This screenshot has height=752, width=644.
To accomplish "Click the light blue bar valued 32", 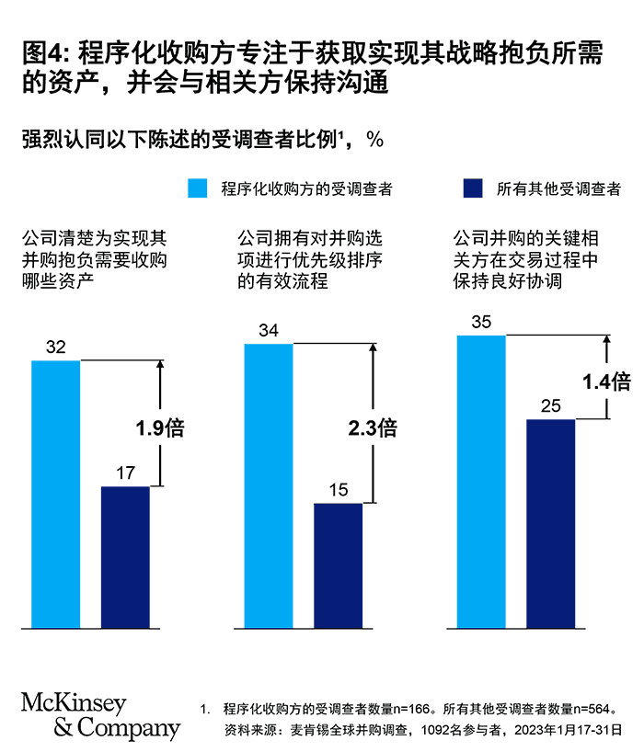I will coord(56,495).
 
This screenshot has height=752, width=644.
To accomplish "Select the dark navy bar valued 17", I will coord(125,557).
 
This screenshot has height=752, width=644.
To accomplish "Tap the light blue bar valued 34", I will coord(269,486).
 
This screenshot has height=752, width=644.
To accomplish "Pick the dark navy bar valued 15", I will coord(338,565).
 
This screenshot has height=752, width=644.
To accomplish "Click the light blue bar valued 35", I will coord(481,482).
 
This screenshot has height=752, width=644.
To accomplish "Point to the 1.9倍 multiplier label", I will coord(160,428).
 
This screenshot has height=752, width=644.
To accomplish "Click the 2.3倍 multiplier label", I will coord(373,427).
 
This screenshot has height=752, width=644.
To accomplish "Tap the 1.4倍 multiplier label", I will coord(606,382).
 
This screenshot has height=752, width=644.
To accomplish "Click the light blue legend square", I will coord(197,189).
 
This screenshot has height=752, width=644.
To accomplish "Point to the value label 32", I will coord(55,348).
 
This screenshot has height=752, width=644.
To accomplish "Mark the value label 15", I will coord(338,491).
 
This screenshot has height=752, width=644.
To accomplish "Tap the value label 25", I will coord(550,406).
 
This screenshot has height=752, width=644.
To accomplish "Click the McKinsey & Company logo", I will coord(100,717).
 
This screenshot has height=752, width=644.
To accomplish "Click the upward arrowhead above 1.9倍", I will coord(160,363).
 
